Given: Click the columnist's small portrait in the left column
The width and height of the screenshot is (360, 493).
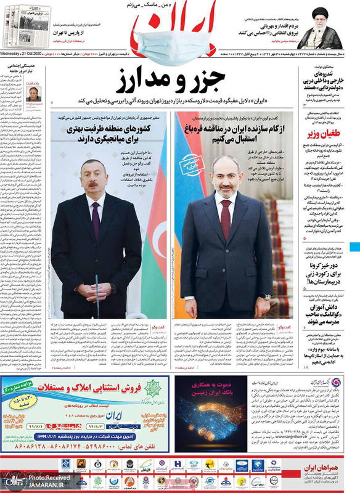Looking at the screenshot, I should point(33,94).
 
